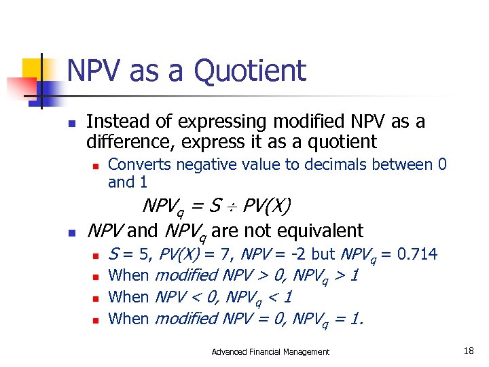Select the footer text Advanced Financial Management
(x=270, y=351)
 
